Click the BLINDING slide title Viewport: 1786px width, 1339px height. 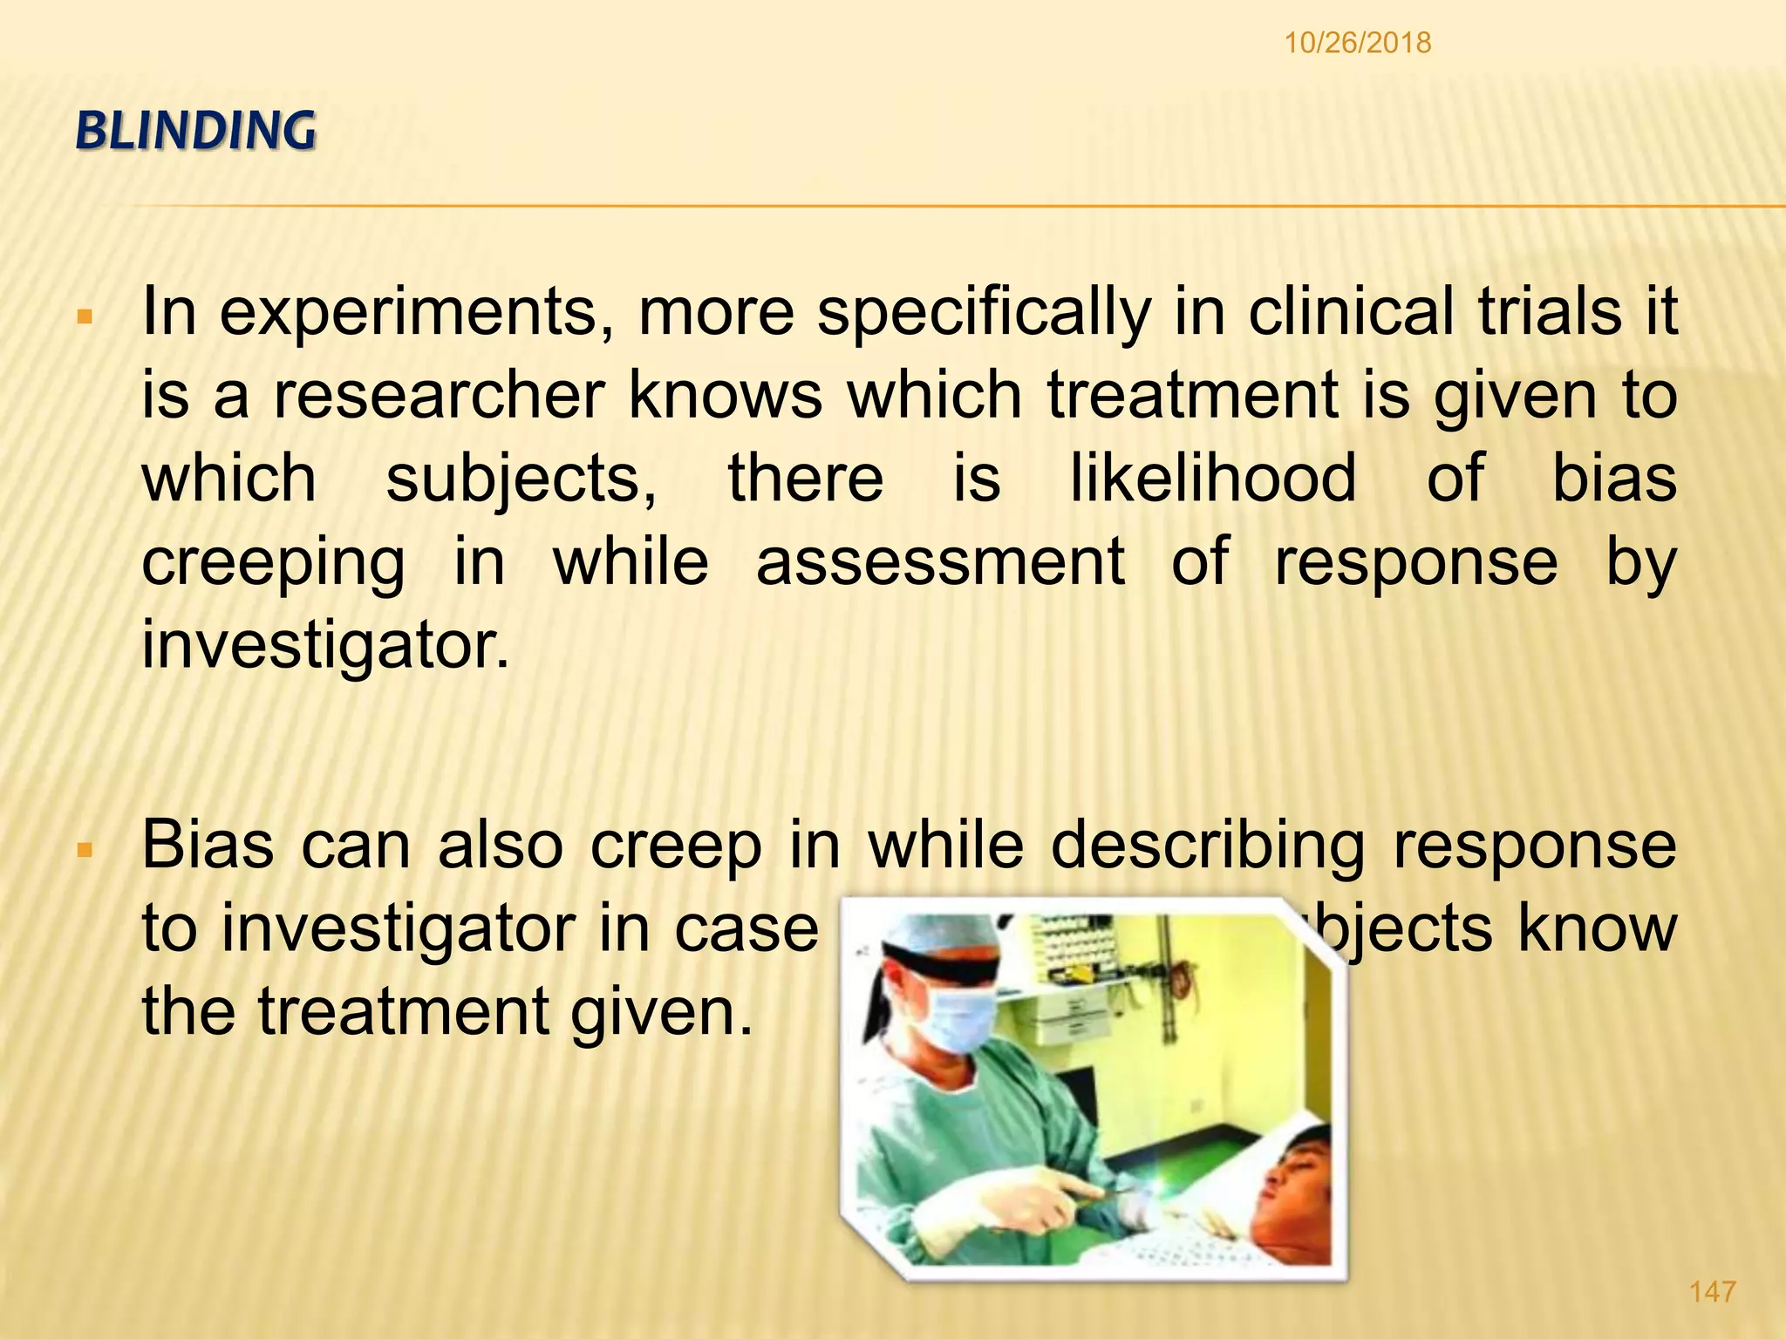click(x=196, y=132)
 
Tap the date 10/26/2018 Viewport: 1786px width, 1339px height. click(x=1358, y=43)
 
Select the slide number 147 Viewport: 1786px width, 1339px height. click(x=1713, y=1291)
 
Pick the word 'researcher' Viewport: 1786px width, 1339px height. click(x=439, y=395)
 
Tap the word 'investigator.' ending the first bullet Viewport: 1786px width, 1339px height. click(x=325, y=645)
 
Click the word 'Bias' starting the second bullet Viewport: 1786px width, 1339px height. click(x=208, y=845)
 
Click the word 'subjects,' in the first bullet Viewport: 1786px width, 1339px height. click(x=521, y=479)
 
